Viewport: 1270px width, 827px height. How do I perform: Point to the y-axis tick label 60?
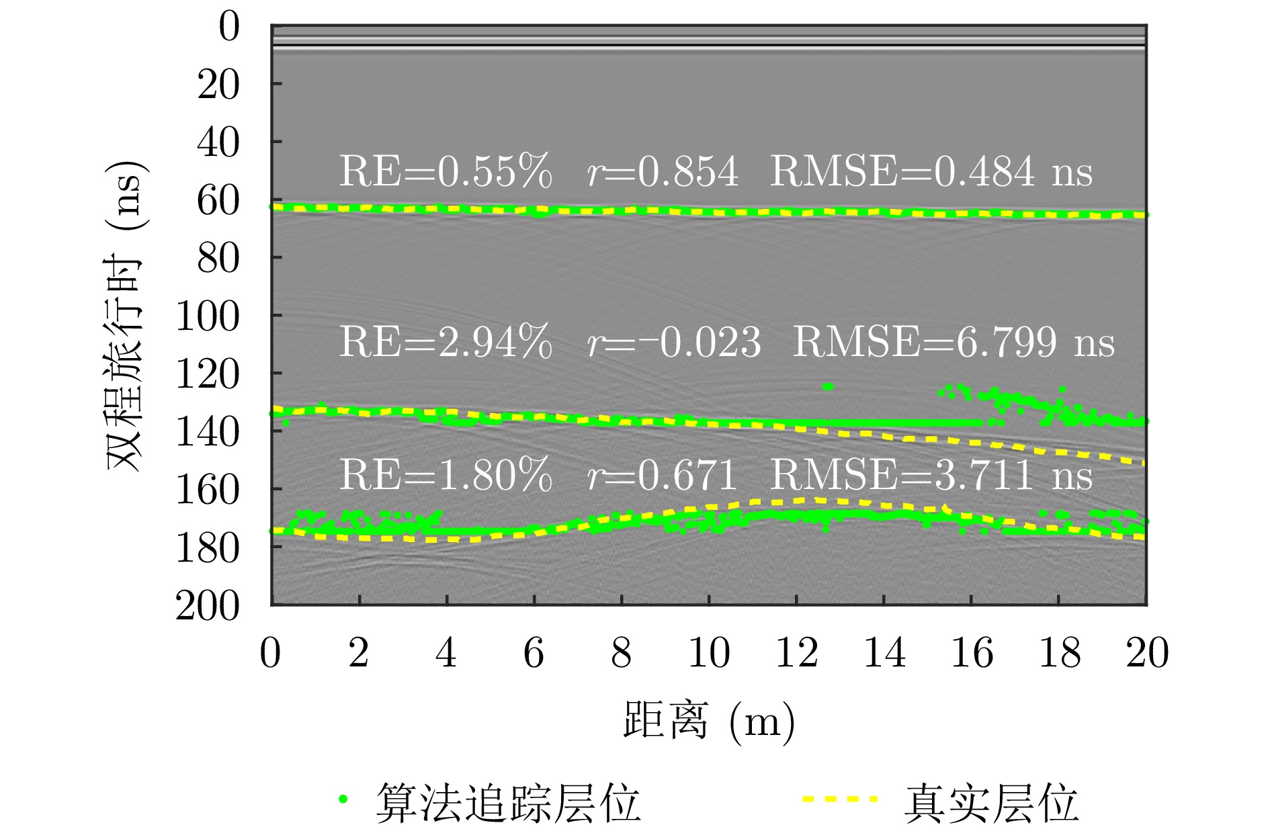[218, 201]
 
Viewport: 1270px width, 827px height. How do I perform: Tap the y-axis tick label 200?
[207, 607]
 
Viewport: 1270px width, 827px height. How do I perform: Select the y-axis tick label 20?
[218, 85]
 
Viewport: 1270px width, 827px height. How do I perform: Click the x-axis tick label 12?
[796, 652]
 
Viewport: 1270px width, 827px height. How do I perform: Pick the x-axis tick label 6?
[534, 652]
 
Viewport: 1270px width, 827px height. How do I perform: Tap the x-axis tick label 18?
[1059, 652]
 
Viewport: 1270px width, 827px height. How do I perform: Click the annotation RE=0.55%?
[446, 171]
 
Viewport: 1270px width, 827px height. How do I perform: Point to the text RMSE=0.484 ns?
[931, 171]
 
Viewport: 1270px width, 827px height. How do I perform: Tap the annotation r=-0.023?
[674, 343]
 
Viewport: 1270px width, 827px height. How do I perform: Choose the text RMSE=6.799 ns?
[954, 343]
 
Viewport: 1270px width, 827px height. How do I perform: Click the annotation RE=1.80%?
[446, 476]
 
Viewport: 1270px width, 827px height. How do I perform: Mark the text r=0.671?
[662, 476]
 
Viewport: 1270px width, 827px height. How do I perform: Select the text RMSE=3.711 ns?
[931, 476]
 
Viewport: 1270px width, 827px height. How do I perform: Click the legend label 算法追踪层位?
[507, 802]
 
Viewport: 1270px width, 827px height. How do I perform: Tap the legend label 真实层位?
[991, 802]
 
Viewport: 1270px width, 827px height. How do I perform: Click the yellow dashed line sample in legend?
[840, 799]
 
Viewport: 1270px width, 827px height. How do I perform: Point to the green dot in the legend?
[343, 799]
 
